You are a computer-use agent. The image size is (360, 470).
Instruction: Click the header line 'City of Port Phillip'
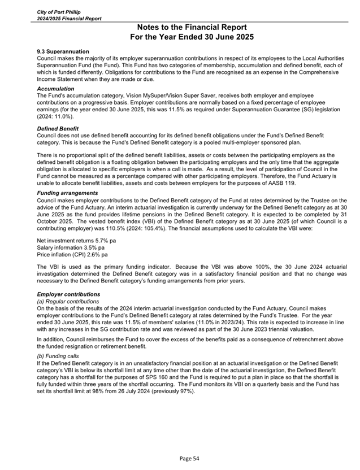tap(59, 12)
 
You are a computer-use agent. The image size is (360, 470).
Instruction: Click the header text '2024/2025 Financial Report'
tap(69, 18)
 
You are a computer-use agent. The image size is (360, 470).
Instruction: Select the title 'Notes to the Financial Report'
tap(192, 27)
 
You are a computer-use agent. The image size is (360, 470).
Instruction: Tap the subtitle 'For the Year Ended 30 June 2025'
tap(192, 37)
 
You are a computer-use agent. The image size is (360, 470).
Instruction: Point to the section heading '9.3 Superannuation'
tap(63, 51)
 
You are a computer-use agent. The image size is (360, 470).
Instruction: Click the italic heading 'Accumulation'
tap(55, 89)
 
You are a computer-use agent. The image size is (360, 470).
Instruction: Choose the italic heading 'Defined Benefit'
tap(58, 129)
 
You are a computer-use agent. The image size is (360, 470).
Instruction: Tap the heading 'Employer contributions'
tap(68, 294)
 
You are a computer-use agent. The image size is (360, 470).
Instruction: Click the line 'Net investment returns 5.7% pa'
tap(76, 240)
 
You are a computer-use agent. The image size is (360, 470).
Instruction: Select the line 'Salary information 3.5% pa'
tap(71, 247)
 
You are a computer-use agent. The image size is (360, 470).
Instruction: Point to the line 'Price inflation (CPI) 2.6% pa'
tap(72, 254)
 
